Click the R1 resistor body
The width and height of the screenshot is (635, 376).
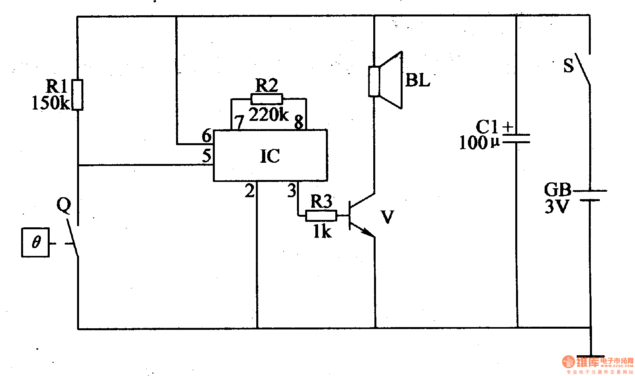tap(77, 95)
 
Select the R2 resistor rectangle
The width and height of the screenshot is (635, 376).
tap(266, 99)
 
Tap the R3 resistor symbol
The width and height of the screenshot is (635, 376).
tap(321, 216)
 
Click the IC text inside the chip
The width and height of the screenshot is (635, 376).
tap(270, 156)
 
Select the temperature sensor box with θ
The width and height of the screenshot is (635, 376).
tap(36, 242)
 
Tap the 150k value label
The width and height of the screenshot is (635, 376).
tap(50, 103)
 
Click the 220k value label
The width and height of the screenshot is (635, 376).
tap(268, 115)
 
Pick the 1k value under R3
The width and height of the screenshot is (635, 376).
tap(322, 232)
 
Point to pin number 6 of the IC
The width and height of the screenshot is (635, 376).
tap(207, 136)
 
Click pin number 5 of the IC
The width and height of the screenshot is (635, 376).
tap(207, 156)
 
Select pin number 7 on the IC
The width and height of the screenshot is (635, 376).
tap(239, 122)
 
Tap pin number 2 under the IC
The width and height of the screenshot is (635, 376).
tap(249, 191)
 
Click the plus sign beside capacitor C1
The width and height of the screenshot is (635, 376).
tap(508, 127)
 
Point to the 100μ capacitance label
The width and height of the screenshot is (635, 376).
tap(479, 143)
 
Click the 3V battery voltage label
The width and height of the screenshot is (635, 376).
tap(557, 206)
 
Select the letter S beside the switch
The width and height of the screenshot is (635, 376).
tap(568, 65)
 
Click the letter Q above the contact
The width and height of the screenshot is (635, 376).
tap(64, 205)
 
